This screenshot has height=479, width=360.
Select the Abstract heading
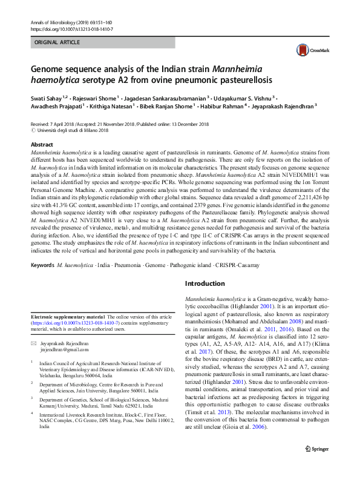[x=42, y=145]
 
